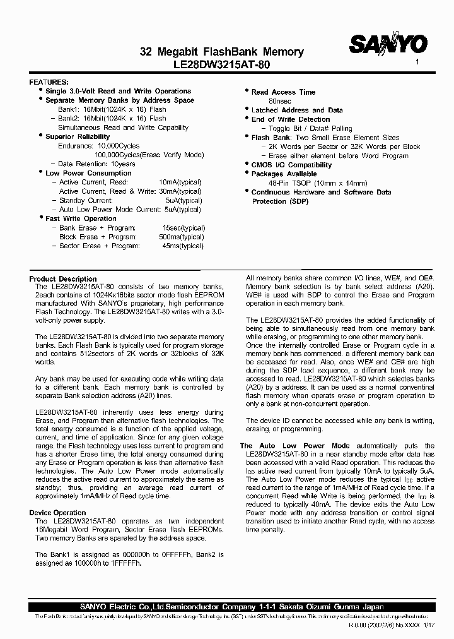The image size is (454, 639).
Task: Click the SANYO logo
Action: pos(388,45)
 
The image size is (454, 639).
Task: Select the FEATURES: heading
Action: pos(49,83)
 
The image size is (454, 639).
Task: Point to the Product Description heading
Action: pos(63,279)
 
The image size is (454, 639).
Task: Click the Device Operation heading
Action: pos(57,513)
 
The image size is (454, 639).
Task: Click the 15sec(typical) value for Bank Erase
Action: pos(183,228)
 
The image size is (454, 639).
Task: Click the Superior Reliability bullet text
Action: pos(78,136)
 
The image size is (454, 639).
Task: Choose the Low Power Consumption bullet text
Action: pos(88,173)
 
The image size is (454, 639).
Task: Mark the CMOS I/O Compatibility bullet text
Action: pos(291,165)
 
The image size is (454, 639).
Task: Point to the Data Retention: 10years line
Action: pos(97,164)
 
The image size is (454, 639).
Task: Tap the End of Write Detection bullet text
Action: pos(291,119)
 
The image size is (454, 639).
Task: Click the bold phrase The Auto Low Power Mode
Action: pos(294,446)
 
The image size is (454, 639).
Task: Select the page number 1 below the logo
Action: pos(417,63)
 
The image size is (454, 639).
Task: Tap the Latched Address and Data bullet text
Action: pos(297,110)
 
